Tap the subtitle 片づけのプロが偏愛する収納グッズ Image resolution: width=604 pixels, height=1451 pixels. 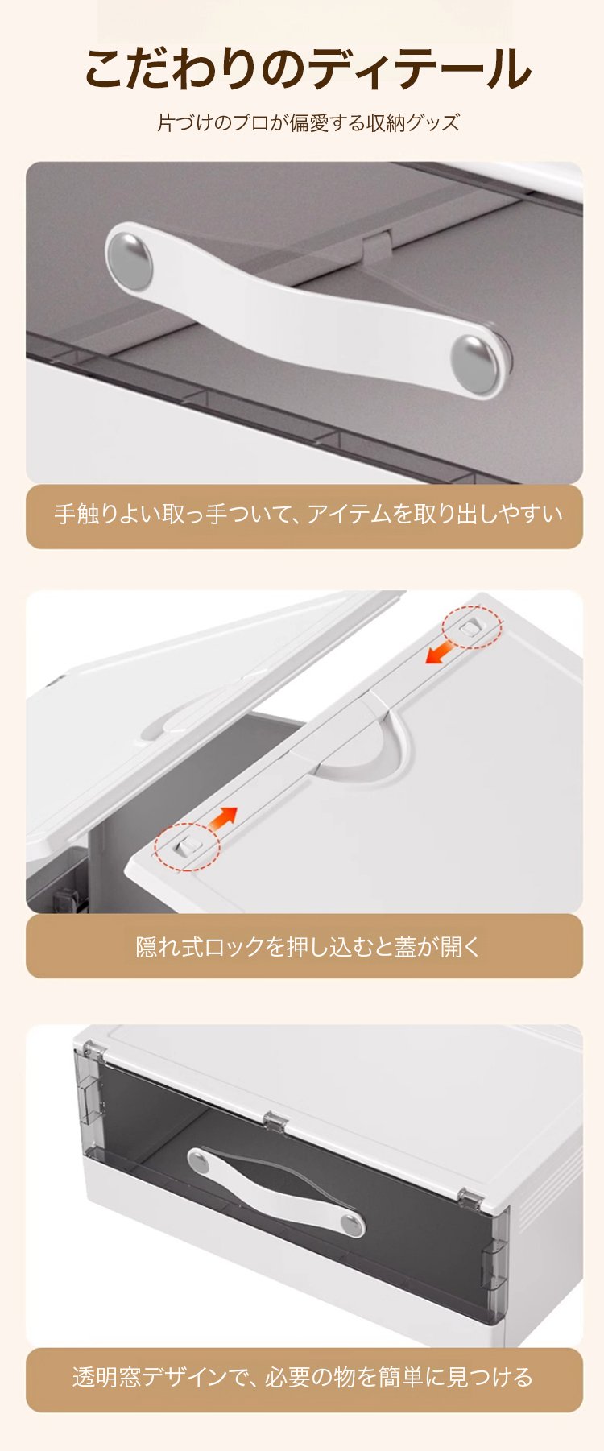pos(308,123)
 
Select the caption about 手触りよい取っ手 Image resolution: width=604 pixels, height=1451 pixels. pos(308,514)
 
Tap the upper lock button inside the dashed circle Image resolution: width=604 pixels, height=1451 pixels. pos(471,626)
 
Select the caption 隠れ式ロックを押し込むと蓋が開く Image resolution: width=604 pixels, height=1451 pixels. pos(308,946)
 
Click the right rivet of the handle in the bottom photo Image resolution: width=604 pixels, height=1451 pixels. pos(352,1226)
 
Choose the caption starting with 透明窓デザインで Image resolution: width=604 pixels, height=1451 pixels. pos(303,1377)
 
